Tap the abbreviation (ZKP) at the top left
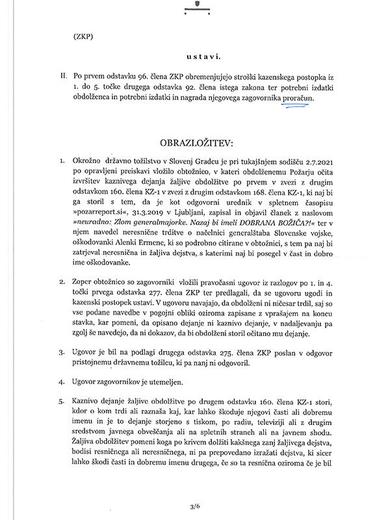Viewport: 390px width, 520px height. click(x=84, y=36)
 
